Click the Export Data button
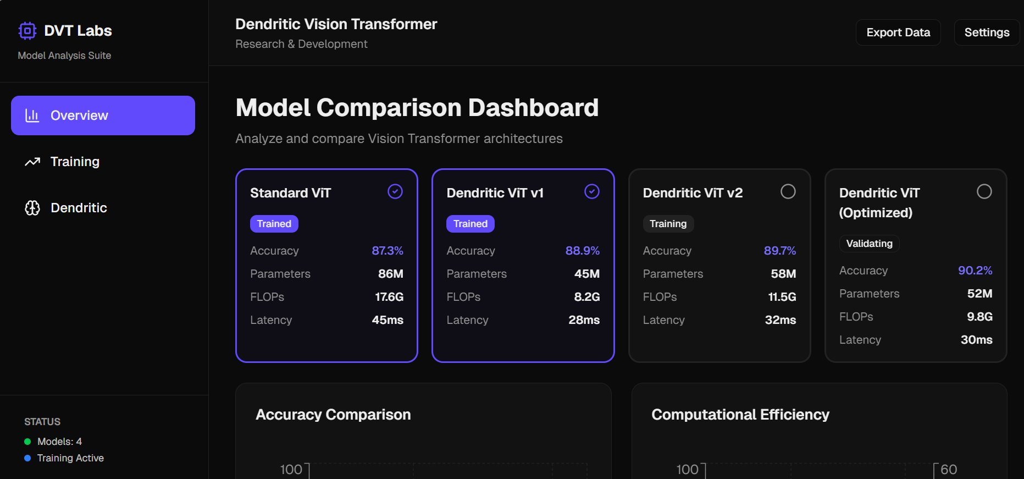(898, 32)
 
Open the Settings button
(987, 32)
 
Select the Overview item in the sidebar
(103, 115)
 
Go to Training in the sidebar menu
(75, 162)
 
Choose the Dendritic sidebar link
(79, 208)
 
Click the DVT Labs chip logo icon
(27, 31)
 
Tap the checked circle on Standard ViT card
(395, 191)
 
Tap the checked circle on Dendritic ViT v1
(592, 191)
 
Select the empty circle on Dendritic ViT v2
(788, 191)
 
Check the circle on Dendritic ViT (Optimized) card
(984, 191)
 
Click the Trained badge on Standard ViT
(274, 224)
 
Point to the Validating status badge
(869, 244)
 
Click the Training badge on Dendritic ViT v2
(668, 224)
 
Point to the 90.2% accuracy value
(975, 271)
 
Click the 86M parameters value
(390, 274)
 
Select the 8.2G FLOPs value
(586, 297)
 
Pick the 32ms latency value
(780, 320)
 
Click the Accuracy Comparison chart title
(333, 415)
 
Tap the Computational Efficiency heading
(740, 415)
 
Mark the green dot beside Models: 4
(27, 442)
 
